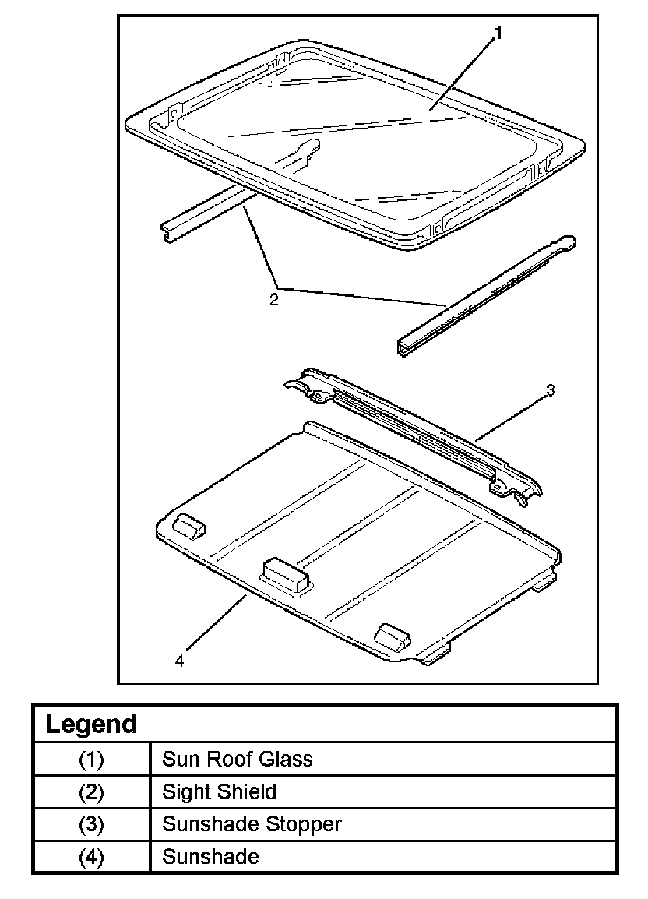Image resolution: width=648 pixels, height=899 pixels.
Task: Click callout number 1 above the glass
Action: (x=498, y=33)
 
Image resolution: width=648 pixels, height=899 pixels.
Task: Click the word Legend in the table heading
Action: (x=91, y=724)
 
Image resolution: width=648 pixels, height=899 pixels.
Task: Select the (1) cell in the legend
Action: (x=91, y=759)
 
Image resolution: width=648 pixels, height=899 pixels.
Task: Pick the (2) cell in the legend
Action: (x=91, y=793)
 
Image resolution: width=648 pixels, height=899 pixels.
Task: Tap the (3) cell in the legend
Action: (x=91, y=824)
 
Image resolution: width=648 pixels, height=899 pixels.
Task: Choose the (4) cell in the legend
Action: (x=91, y=857)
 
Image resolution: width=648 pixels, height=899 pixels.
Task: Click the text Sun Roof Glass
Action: (x=237, y=759)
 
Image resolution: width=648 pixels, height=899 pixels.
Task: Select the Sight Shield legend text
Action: (x=219, y=793)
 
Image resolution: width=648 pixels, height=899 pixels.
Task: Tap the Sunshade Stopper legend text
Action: (x=252, y=824)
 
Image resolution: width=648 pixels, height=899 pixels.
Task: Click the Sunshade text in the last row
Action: (x=210, y=857)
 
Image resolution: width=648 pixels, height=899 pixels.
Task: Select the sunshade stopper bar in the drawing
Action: (x=413, y=433)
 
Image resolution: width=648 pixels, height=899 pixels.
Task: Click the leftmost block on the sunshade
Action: (x=188, y=527)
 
